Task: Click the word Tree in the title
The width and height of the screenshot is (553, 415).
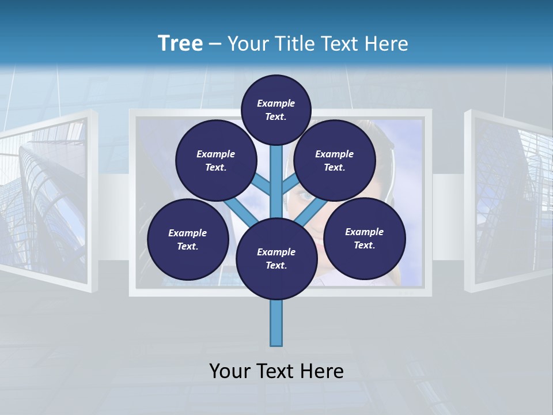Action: point(180,44)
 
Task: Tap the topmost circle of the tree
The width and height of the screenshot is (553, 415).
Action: point(276,110)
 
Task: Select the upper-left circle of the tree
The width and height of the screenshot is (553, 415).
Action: point(215,161)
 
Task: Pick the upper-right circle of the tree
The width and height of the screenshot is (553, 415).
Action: point(335,161)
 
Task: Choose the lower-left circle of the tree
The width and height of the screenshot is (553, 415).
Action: point(188,239)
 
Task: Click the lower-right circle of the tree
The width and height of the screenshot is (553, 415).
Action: point(365,238)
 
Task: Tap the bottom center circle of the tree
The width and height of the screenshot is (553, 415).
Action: point(276,259)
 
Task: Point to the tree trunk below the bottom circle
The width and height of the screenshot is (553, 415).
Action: point(276,323)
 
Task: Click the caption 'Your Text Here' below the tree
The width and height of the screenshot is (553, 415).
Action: point(276,371)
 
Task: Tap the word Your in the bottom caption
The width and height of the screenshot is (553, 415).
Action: point(229,371)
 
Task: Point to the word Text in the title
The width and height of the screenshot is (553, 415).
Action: point(342,44)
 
